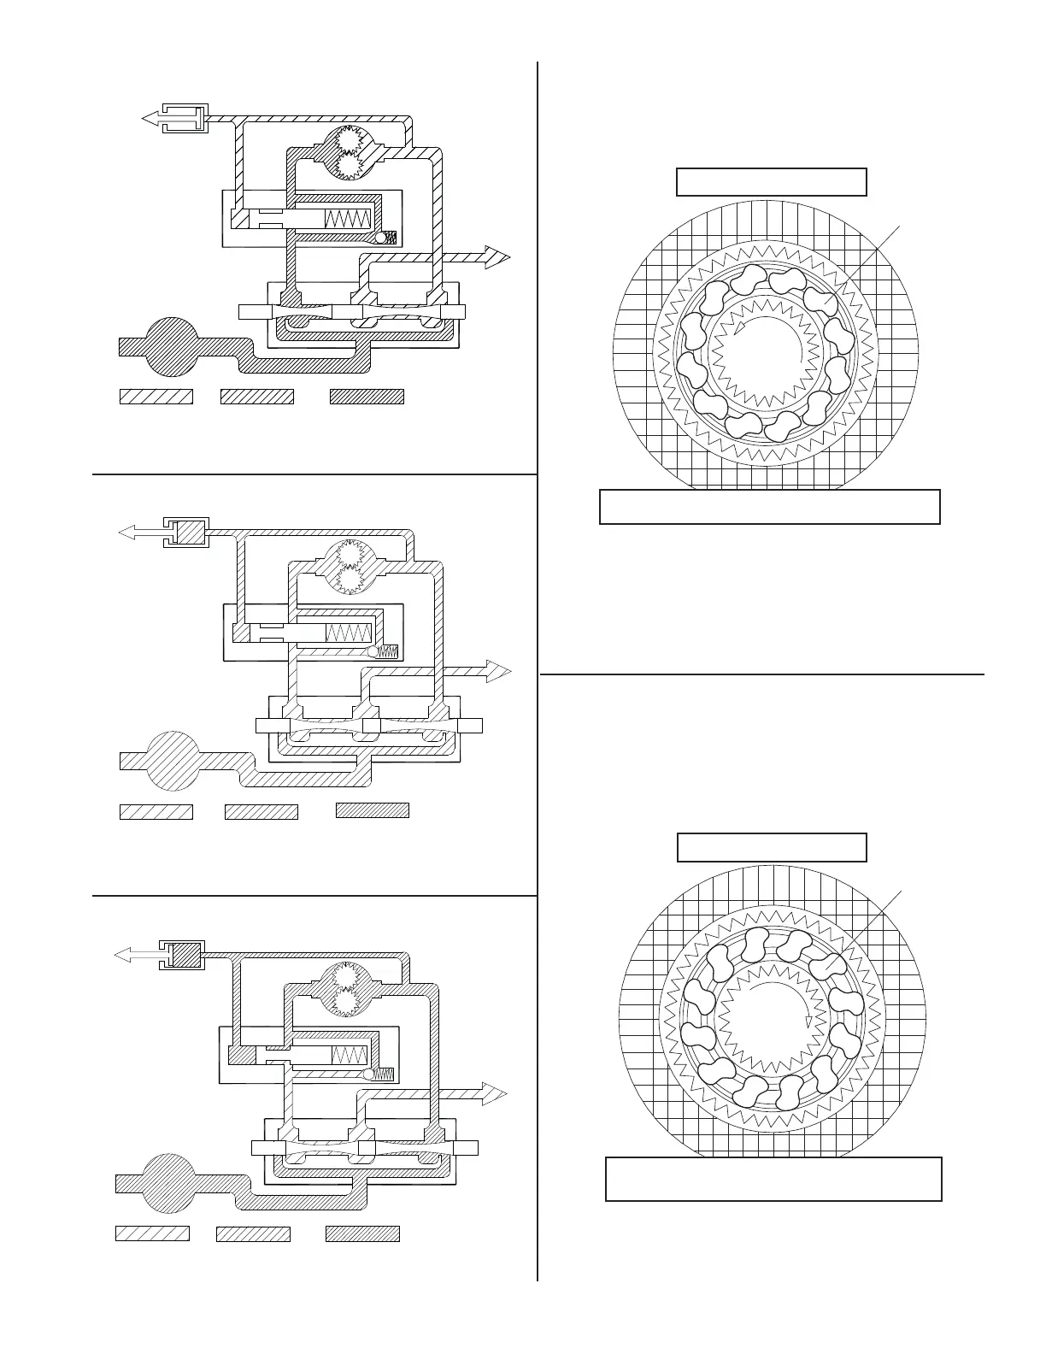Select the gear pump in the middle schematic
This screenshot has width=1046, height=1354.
(x=349, y=568)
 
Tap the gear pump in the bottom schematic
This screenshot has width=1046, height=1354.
(x=348, y=990)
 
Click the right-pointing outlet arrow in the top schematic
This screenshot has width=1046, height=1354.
(x=491, y=256)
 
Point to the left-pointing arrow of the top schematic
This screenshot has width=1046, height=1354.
(x=152, y=119)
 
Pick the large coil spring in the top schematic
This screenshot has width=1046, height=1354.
(x=348, y=218)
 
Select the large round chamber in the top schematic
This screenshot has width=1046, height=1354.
(x=172, y=345)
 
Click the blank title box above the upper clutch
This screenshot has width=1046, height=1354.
(x=771, y=182)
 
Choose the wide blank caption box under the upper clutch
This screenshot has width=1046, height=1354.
(x=769, y=506)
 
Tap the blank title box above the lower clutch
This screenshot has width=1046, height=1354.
(x=771, y=847)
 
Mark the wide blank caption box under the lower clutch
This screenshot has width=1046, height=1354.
(x=773, y=1179)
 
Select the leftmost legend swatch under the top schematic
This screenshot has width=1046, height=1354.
(x=156, y=396)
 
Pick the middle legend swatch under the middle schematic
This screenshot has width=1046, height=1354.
(x=261, y=811)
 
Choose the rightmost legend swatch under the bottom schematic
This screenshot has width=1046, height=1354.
(x=362, y=1233)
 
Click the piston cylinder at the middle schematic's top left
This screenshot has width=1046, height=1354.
(x=186, y=533)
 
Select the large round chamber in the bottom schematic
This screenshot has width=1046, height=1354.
(x=169, y=1182)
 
